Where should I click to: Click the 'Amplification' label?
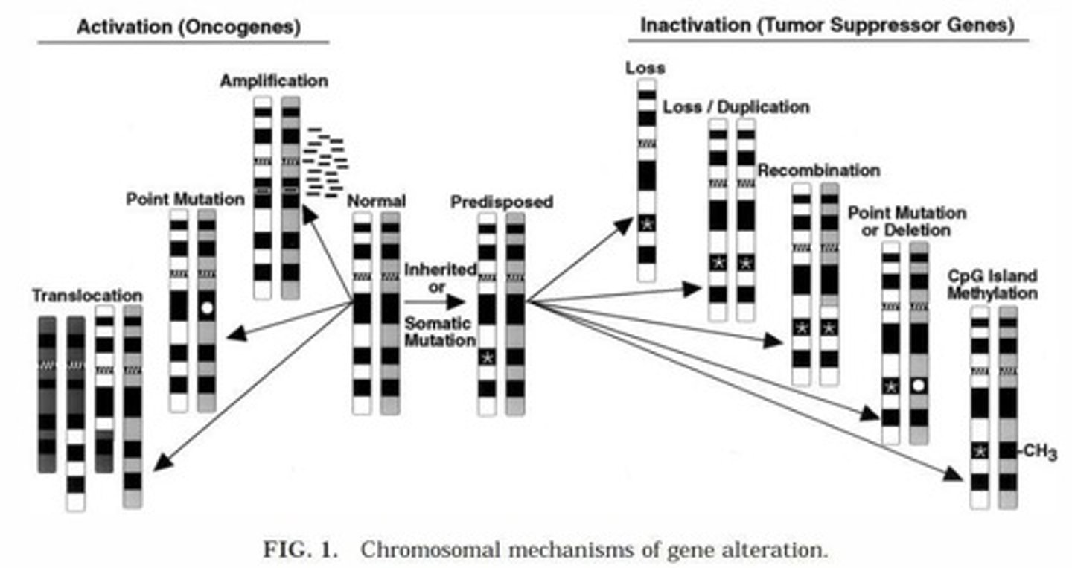(x=274, y=81)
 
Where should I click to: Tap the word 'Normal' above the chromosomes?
(x=376, y=200)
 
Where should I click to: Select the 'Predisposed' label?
(x=502, y=202)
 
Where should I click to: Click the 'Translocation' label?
(x=88, y=296)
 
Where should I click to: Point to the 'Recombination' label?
(x=819, y=170)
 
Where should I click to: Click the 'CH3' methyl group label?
(x=1039, y=452)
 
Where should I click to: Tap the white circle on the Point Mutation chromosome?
(x=207, y=308)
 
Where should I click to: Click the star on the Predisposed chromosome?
(x=487, y=357)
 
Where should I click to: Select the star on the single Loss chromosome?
(x=646, y=223)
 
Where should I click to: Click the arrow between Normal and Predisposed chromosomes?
(x=435, y=302)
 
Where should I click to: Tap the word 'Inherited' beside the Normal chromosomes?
(x=440, y=269)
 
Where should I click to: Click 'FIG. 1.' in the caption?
(x=301, y=550)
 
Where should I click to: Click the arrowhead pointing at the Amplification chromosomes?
(x=309, y=214)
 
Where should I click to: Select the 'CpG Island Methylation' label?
(x=992, y=284)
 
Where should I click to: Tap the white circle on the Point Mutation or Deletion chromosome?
(x=918, y=385)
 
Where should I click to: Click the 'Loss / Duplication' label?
(x=736, y=107)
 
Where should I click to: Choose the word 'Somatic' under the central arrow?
(x=438, y=324)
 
